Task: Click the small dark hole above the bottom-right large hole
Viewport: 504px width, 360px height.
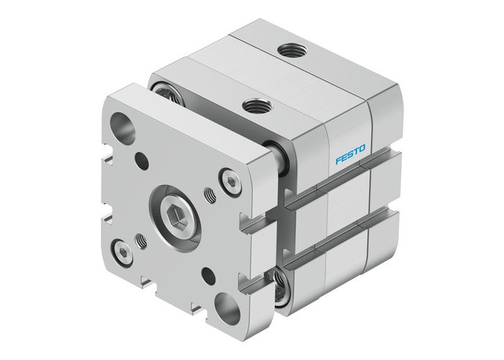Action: pyautogui.click(x=209, y=272)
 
